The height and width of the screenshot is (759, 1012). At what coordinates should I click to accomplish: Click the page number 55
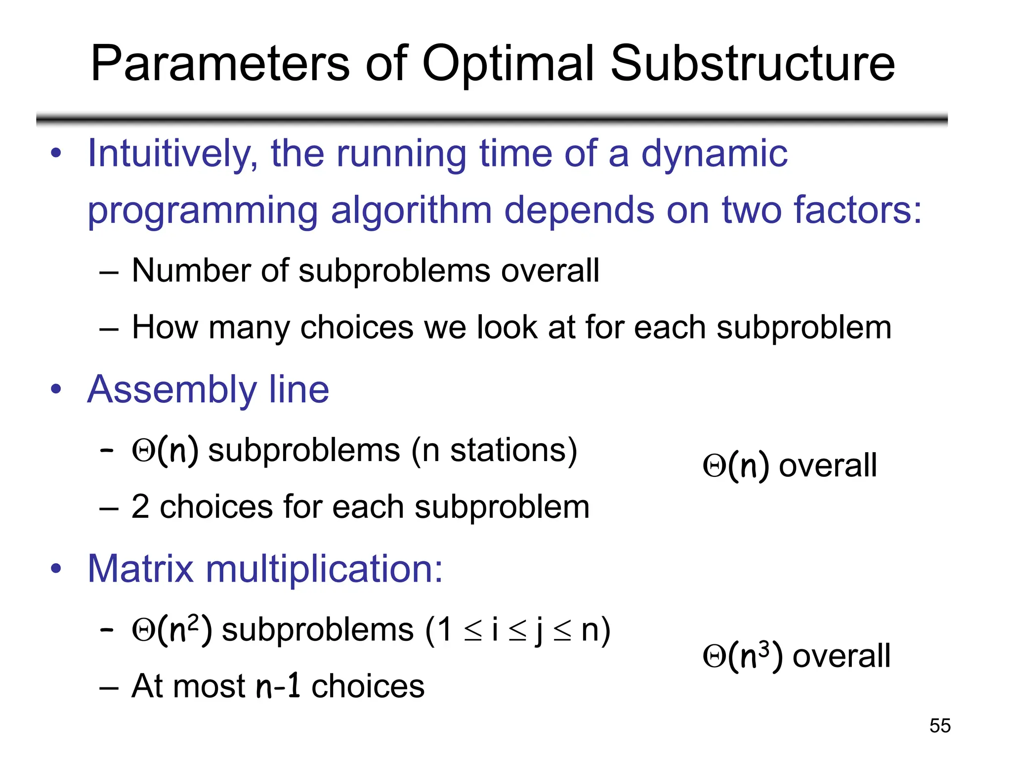[x=940, y=725]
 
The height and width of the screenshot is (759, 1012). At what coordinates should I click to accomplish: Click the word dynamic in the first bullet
[x=714, y=154]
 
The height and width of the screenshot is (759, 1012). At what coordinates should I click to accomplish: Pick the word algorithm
[x=411, y=211]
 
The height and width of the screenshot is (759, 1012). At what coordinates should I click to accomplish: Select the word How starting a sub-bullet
[x=165, y=327]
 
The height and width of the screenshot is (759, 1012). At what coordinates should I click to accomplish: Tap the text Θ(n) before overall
[x=736, y=465]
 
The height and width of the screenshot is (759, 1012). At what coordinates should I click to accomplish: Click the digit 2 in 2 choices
[x=140, y=507]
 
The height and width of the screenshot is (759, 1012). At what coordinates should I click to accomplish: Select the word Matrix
[x=140, y=569]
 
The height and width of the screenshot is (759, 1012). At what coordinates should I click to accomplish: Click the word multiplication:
[x=324, y=569]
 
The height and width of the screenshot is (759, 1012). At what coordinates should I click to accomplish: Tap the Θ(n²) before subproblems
[x=172, y=630]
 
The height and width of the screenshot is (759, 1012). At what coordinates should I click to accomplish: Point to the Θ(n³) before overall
[x=743, y=656]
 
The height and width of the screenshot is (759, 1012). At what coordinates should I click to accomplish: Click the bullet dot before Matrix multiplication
[x=56, y=569]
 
